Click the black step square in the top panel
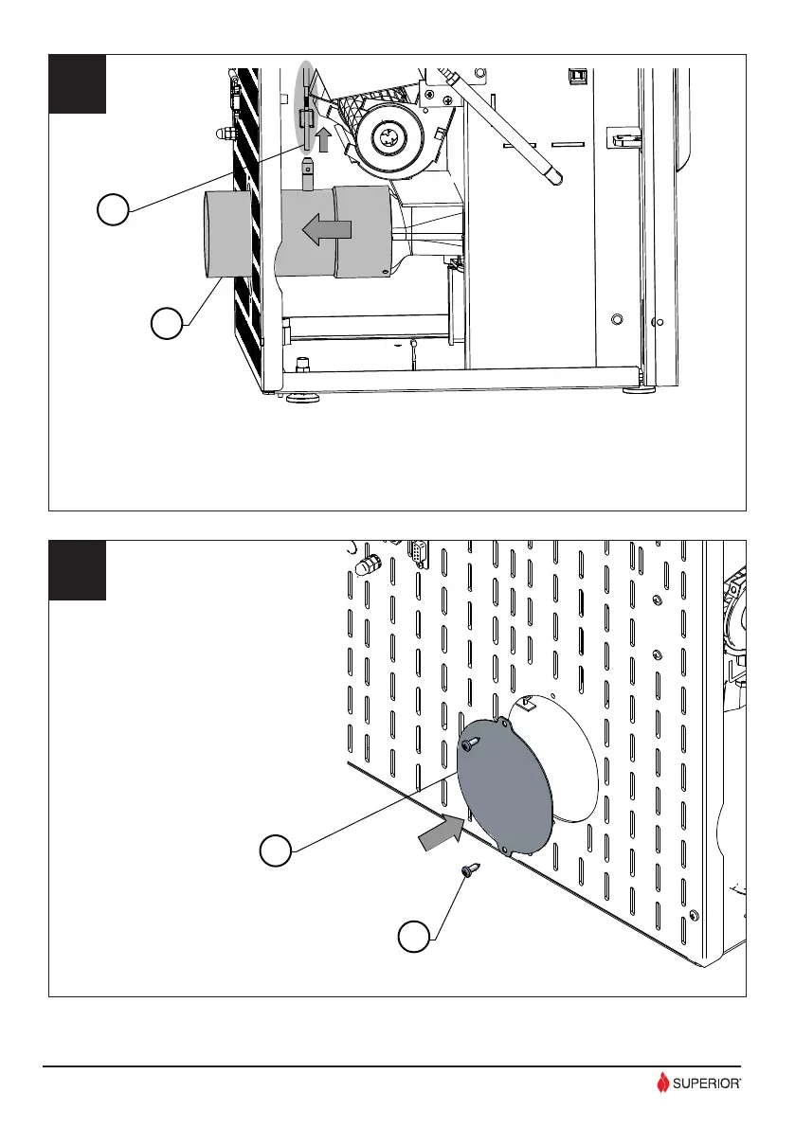(78, 84)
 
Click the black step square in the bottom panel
(78, 570)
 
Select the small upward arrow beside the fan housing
(323, 140)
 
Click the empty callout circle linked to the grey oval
(113, 209)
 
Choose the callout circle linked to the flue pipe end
(165, 325)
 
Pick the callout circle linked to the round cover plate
(275, 850)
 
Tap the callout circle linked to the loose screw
(412, 939)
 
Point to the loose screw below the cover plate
(469, 872)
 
